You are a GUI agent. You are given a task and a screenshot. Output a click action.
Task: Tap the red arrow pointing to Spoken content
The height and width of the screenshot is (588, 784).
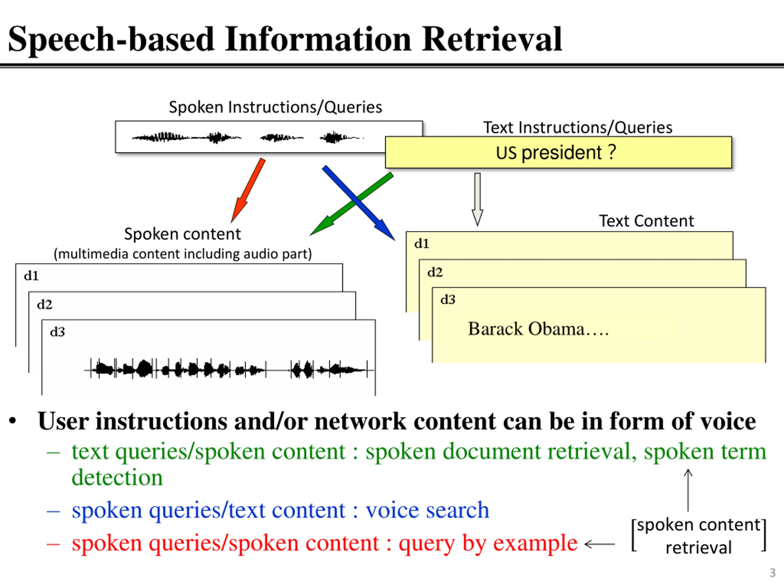click(248, 190)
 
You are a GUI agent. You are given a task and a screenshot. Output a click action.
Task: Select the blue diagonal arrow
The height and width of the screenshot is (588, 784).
click(358, 203)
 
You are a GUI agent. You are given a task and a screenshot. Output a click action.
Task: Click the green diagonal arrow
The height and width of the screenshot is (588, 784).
click(352, 204)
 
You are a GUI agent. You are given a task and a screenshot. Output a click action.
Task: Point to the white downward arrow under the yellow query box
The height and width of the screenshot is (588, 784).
click(477, 199)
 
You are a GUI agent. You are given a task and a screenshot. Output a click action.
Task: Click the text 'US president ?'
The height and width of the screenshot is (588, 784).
click(556, 153)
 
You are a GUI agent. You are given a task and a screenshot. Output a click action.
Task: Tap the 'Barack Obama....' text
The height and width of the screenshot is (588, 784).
click(538, 329)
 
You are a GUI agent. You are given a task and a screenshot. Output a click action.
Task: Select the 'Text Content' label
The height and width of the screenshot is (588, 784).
click(646, 221)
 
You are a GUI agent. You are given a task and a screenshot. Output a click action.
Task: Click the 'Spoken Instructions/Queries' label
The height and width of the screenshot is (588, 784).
click(275, 107)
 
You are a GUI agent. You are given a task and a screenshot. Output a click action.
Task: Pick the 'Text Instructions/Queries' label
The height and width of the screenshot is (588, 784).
click(578, 128)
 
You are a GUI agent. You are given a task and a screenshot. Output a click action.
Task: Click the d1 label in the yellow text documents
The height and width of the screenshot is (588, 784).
click(421, 243)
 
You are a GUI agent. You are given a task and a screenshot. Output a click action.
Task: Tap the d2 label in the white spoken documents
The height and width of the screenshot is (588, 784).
click(45, 304)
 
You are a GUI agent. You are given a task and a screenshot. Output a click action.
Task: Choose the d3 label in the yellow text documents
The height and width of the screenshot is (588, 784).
click(448, 300)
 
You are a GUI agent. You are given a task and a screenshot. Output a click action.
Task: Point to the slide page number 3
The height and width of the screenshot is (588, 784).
click(773, 573)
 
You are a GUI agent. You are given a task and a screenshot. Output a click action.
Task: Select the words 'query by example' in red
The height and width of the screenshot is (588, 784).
click(488, 543)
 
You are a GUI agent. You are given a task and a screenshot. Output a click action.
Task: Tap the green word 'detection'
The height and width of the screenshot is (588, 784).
click(117, 477)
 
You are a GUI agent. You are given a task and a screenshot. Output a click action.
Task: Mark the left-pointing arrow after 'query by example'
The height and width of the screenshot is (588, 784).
click(600, 544)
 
